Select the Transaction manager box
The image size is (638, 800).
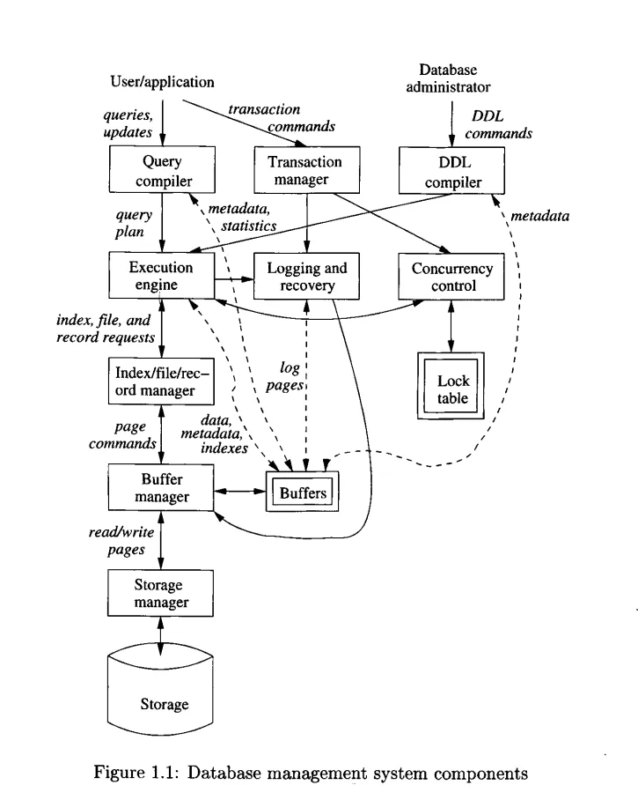tap(304, 171)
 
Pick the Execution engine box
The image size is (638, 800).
tap(161, 276)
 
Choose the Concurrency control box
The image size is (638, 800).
tap(452, 276)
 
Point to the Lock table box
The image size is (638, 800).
tap(452, 389)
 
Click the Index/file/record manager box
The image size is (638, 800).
tap(161, 380)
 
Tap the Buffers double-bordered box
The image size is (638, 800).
tap(304, 493)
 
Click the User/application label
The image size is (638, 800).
tap(162, 81)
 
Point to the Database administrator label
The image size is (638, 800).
tap(454, 78)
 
